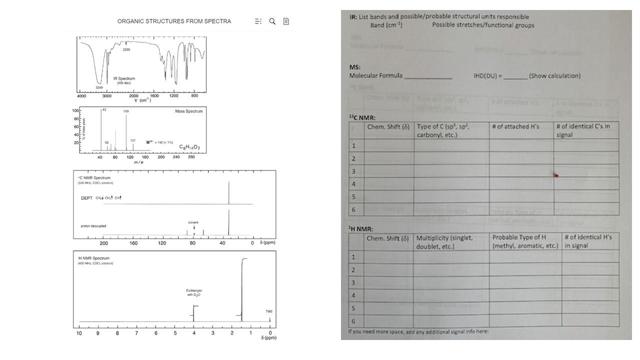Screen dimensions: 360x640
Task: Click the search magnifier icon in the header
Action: point(272,21)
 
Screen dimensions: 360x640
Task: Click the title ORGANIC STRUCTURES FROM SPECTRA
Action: point(174,21)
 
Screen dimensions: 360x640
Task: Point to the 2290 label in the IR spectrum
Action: point(126,49)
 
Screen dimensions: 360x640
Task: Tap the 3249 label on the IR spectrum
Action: point(99,87)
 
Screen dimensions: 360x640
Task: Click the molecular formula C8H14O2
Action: point(189,147)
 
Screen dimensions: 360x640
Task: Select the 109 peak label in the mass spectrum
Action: point(126,111)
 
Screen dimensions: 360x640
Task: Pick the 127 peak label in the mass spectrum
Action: point(133,140)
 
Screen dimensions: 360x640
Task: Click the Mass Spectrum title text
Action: point(188,111)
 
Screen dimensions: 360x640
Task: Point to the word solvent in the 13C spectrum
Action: point(193,222)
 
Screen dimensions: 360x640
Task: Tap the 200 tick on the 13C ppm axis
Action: point(104,243)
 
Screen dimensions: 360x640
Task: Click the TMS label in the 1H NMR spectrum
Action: point(269,311)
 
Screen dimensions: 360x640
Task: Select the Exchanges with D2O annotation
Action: point(193,292)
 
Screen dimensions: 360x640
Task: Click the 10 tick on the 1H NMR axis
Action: point(79,333)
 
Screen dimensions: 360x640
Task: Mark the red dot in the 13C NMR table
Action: point(556,175)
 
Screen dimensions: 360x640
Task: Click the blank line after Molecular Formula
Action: point(427,76)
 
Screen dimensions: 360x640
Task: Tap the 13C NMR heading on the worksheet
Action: point(362,117)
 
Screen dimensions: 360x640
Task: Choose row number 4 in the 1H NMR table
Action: point(353,295)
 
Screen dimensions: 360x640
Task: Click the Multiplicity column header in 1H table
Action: point(444,241)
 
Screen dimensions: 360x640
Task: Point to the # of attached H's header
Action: point(515,126)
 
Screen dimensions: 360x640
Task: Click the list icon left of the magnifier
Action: point(258,21)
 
